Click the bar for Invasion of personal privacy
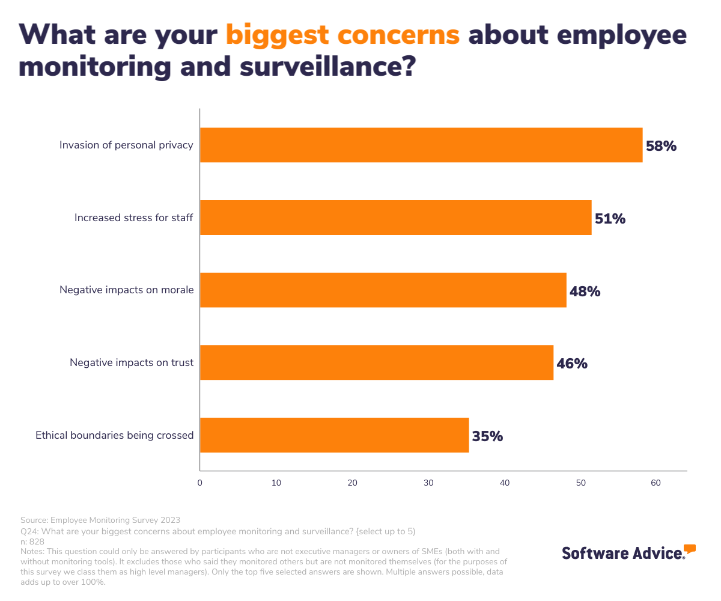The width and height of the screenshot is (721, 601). click(421, 145)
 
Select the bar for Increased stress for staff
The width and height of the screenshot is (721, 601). click(395, 218)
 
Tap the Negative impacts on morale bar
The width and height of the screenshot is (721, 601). click(383, 290)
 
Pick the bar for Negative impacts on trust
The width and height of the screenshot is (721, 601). click(376, 362)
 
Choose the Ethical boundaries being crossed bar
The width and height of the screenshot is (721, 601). click(334, 435)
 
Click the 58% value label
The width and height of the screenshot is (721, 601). click(661, 145)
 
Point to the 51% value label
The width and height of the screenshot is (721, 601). click(610, 218)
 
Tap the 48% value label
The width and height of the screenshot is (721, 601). click(585, 291)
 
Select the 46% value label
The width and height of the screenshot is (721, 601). click(572, 364)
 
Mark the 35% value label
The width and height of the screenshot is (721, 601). click(487, 436)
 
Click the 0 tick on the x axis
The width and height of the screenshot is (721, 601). click(199, 483)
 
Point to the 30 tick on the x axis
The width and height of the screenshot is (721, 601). click(428, 483)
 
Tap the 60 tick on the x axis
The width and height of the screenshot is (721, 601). click(656, 483)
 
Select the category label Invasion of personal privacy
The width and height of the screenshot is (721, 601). click(126, 145)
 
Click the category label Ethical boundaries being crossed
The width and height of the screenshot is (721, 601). click(114, 435)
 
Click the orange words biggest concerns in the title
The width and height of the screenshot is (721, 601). click(342, 35)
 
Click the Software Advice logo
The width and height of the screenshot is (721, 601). click(628, 552)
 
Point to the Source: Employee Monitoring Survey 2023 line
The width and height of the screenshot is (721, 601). click(100, 520)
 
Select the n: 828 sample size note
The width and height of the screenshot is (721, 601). click(32, 541)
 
